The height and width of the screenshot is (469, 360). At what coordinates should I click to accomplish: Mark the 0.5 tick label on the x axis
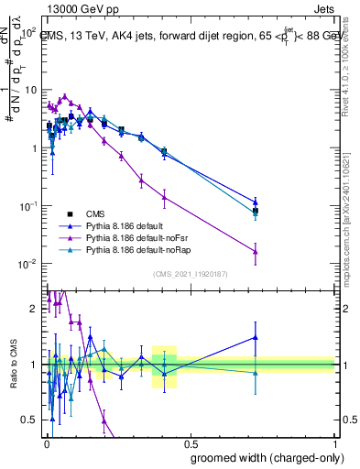click(x=190, y=443)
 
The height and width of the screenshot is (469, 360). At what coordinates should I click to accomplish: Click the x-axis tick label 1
click(x=334, y=443)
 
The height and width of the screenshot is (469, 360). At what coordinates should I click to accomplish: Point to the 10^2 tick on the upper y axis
click(x=29, y=32)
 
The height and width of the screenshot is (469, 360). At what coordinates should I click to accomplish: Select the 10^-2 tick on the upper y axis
click(x=29, y=264)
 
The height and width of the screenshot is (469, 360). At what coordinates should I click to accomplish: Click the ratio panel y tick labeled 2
click(x=35, y=309)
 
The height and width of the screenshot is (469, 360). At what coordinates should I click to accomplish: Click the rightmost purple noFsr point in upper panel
click(x=256, y=252)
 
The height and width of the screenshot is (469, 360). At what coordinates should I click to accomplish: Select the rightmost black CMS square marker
click(x=256, y=211)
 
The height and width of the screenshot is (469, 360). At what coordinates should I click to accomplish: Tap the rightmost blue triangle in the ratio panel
click(x=256, y=337)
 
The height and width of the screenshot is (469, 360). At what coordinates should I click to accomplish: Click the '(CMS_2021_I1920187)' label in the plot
click(x=189, y=272)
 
